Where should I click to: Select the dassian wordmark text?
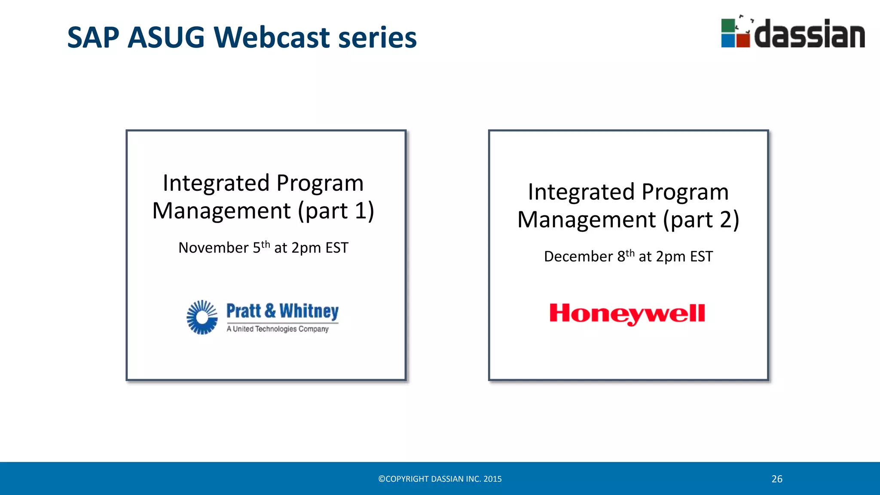coord(809,34)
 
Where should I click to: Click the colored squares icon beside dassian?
coord(735,33)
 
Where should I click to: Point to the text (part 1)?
coord(336,211)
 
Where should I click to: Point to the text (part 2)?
coord(701,220)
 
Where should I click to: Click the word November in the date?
coord(213,248)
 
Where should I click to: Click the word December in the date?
coord(578,257)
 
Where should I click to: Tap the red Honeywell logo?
coord(627,314)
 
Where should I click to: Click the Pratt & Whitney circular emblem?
coord(202,318)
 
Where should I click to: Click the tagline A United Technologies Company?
coord(278,329)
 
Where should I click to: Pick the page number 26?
coord(777,479)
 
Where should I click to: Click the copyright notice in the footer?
coord(440,479)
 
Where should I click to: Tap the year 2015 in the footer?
coord(492,479)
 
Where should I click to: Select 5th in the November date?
coord(261,247)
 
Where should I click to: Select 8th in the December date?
coord(626,256)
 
